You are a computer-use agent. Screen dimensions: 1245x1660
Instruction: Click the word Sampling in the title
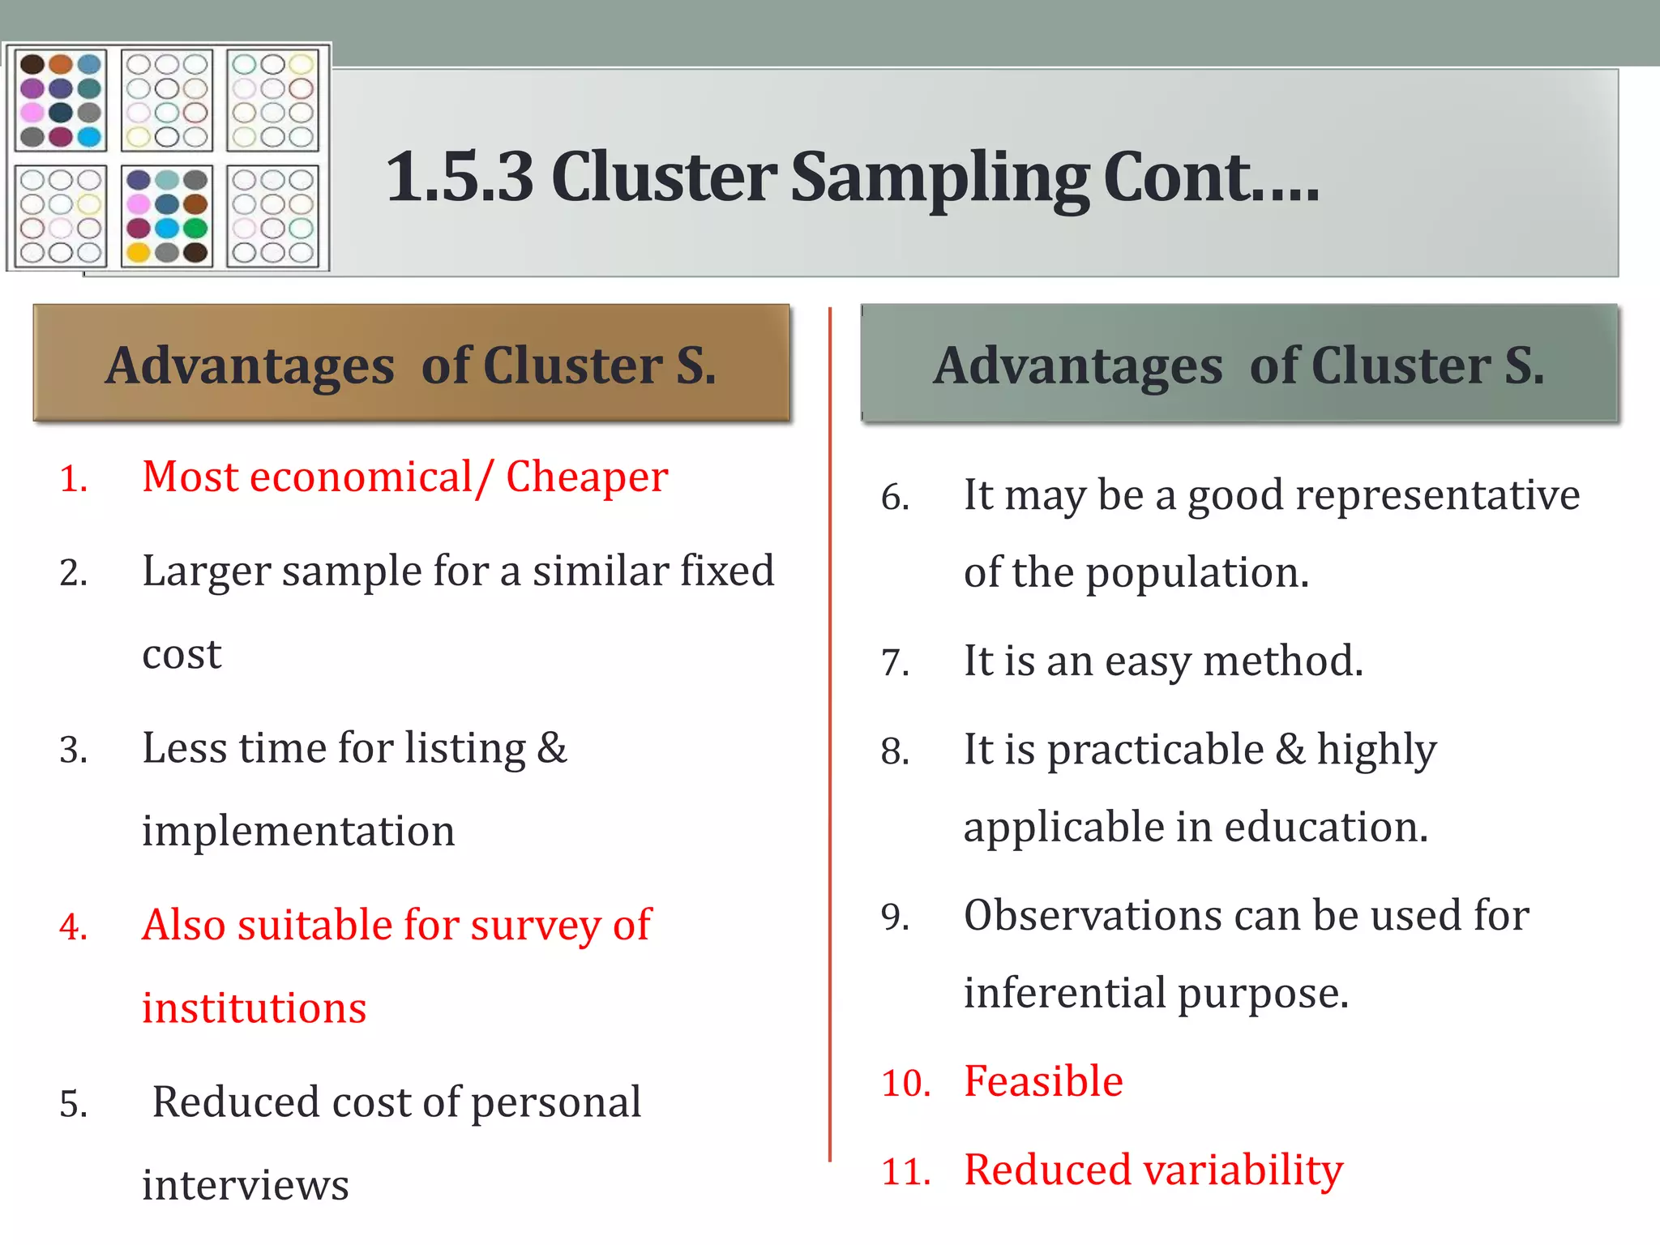[x=940, y=178]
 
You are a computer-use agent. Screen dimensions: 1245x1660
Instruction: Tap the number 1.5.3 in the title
[x=460, y=178]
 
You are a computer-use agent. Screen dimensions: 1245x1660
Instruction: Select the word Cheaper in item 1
[x=587, y=477]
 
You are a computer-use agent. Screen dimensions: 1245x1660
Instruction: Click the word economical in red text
[x=361, y=477]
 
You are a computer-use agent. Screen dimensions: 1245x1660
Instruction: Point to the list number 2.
[x=73, y=573]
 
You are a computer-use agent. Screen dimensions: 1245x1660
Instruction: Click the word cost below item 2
[x=182, y=654]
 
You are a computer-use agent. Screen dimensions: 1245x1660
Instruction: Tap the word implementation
[x=298, y=831]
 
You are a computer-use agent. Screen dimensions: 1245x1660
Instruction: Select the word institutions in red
[x=254, y=1008]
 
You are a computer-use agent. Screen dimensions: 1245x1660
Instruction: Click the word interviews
[x=245, y=1185]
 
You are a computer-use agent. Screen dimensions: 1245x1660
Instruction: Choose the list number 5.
[x=73, y=1104]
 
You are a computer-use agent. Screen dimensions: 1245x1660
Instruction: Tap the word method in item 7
[x=1282, y=661]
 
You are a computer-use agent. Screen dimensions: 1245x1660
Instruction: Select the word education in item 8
[x=1325, y=828]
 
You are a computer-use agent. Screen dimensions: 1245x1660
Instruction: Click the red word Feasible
[x=1043, y=1081]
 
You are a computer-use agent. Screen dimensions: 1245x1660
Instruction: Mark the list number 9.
[x=895, y=918]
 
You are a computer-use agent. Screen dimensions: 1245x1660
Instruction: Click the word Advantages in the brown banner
[x=250, y=366]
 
